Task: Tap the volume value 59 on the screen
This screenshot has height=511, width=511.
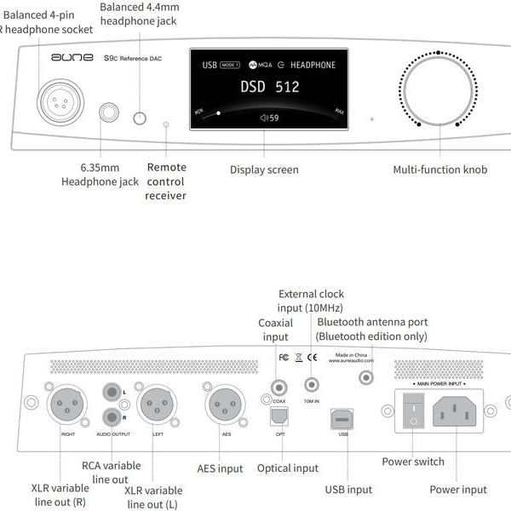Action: pyautogui.click(x=270, y=118)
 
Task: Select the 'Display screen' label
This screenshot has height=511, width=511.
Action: pyautogui.click(x=264, y=169)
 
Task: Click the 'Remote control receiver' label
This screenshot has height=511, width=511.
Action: pyautogui.click(x=165, y=181)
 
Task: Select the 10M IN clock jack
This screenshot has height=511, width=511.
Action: pyautogui.click(x=313, y=385)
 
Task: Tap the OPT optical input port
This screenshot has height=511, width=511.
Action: pyautogui.click(x=278, y=416)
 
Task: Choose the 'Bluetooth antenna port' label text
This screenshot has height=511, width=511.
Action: pyautogui.click(x=372, y=322)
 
